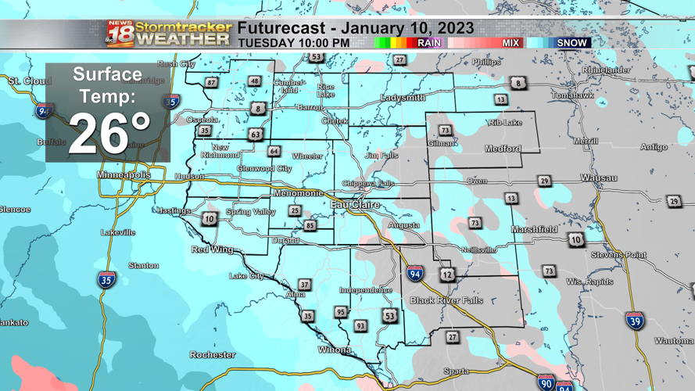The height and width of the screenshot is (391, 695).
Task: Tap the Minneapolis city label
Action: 124,175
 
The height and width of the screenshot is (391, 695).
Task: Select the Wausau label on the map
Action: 598,178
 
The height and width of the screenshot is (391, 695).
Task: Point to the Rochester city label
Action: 213,355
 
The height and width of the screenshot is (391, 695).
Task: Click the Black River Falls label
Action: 446,300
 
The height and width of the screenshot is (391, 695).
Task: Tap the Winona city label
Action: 334,350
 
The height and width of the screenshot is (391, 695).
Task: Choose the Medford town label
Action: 502,149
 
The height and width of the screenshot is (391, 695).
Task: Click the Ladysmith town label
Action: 403,98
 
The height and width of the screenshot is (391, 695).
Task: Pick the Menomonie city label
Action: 298,193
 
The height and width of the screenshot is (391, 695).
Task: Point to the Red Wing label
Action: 213,249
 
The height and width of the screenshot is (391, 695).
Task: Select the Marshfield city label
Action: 534,229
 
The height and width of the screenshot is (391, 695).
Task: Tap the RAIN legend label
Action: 428,43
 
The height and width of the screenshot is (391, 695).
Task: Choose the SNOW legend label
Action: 571,43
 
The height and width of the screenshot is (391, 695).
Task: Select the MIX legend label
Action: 511,43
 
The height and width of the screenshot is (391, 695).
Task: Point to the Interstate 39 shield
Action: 635,321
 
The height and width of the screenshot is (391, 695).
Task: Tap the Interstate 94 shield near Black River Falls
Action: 415,274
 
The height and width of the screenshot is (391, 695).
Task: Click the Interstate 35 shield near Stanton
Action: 106,279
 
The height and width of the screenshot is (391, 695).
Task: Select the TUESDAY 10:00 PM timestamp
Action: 293,43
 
